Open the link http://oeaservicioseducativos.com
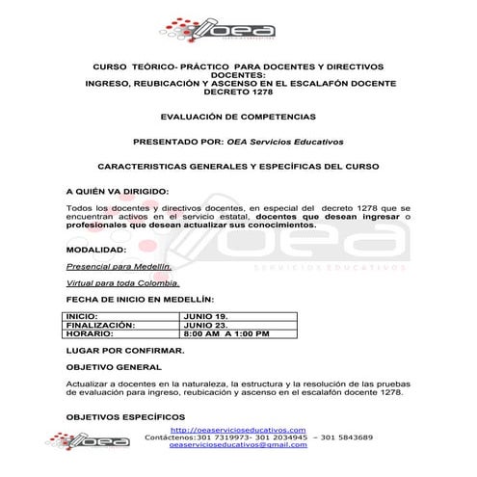[238, 430]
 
